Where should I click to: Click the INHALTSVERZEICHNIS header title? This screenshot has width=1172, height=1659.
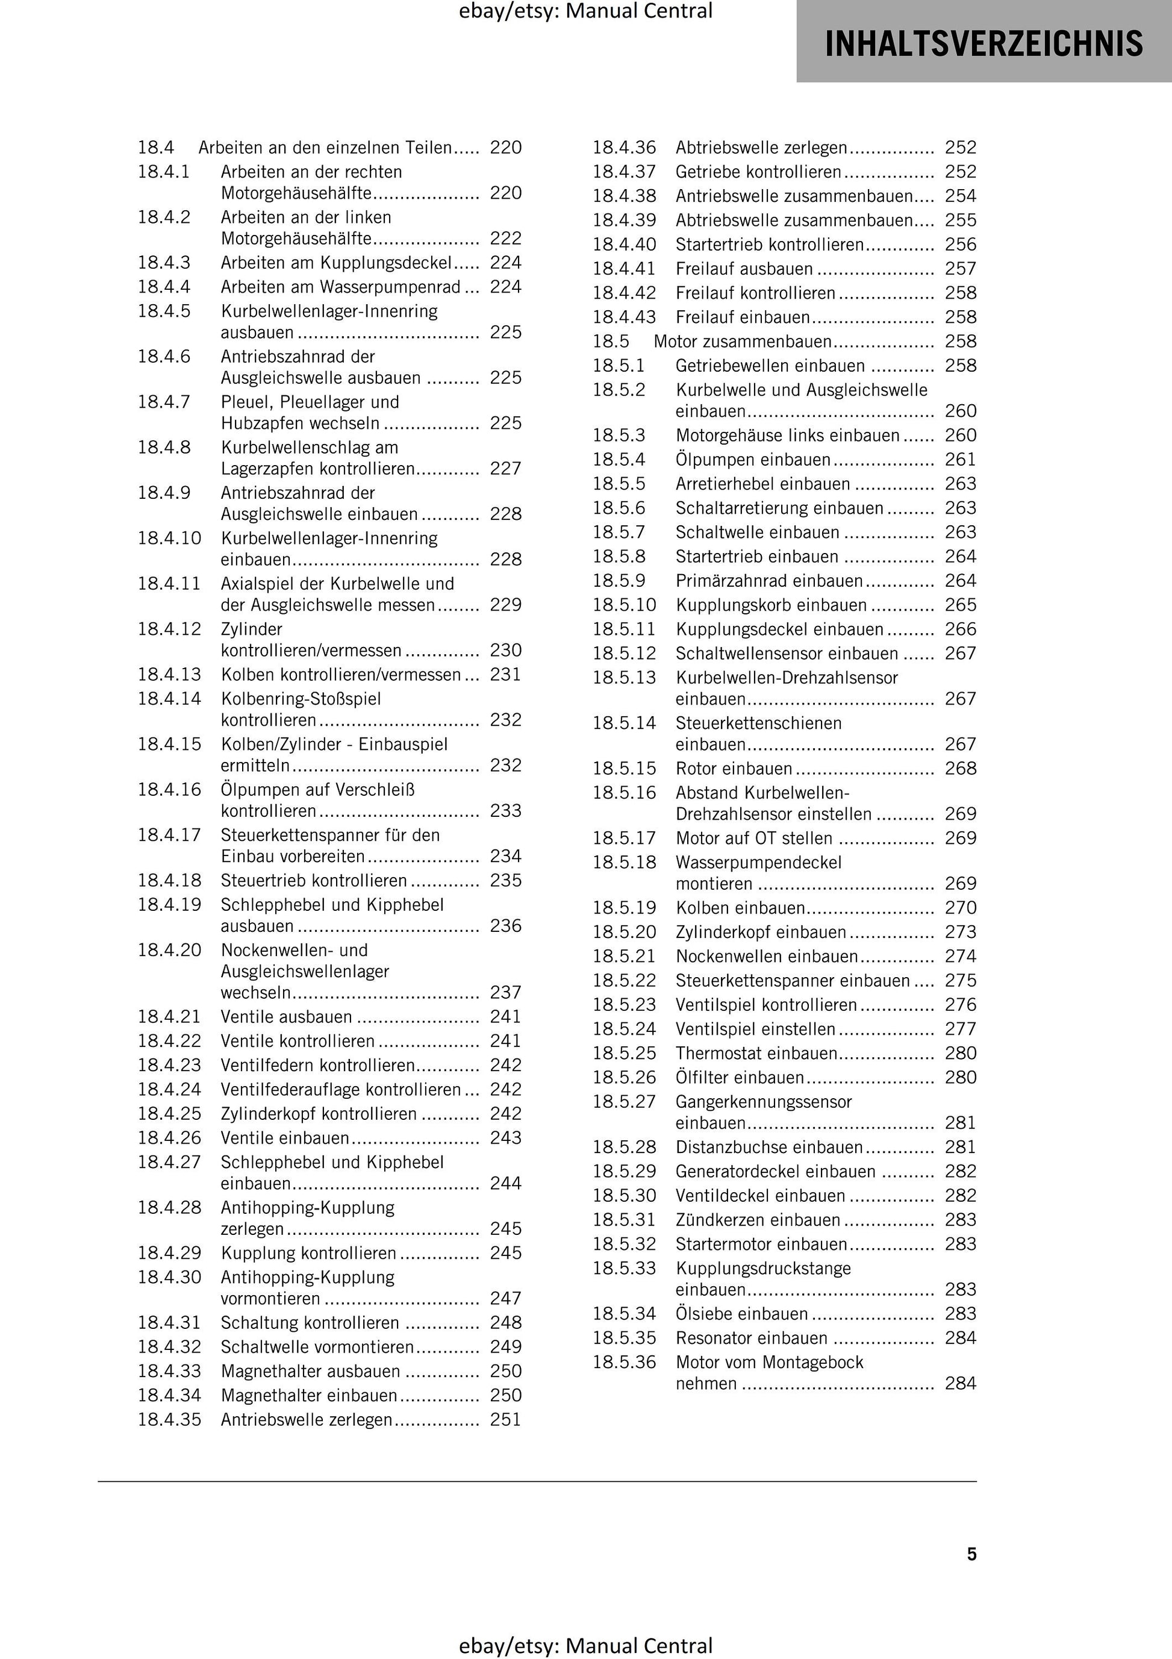coord(983,43)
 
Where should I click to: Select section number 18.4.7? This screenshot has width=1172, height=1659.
coord(164,402)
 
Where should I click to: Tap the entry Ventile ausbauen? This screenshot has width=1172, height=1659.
coord(286,1017)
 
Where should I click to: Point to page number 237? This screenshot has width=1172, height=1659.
coord(505,992)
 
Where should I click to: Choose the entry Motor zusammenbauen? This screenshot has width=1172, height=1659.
coord(742,341)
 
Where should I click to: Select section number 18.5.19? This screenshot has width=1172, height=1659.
coord(625,908)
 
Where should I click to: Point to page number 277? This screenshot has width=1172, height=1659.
coord(960,1029)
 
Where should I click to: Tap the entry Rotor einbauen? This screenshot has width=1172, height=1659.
coord(734,768)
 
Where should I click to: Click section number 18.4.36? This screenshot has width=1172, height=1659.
coord(625,148)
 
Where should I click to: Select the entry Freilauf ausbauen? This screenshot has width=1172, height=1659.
coord(744,269)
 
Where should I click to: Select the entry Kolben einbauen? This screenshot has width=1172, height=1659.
coord(740,908)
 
